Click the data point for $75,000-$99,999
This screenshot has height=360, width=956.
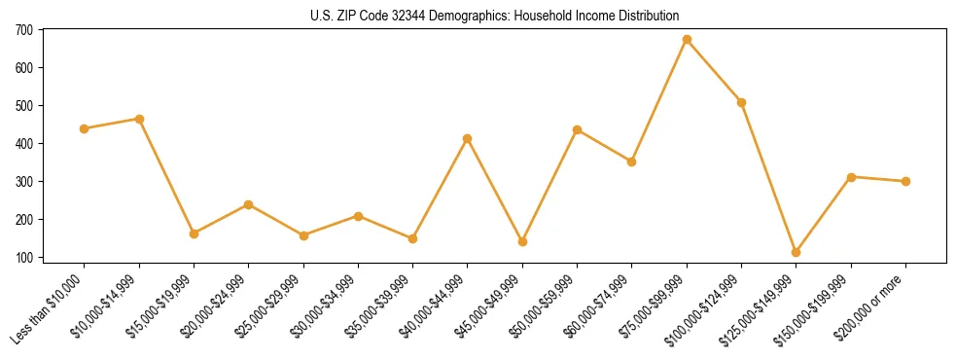pyautogui.click(x=687, y=40)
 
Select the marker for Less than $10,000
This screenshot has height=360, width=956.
pyautogui.click(x=85, y=128)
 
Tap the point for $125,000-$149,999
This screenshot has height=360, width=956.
pyautogui.click(x=797, y=253)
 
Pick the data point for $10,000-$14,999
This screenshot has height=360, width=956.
pyautogui.click(x=139, y=119)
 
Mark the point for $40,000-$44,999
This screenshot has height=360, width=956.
pyautogui.click(x=468, y=138)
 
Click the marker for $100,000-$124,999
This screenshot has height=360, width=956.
pyautogui.click(x=742, y=102)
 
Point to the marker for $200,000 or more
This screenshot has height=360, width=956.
pyautogui.click(x=905, y=181)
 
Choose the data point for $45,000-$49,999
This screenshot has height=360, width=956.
pyautogui.click(x=522, y=241)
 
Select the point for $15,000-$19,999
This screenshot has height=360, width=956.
pyautogui.click(x=194, y=234)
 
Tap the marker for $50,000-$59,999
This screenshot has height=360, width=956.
pyautogui.click(x=578, y=129)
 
